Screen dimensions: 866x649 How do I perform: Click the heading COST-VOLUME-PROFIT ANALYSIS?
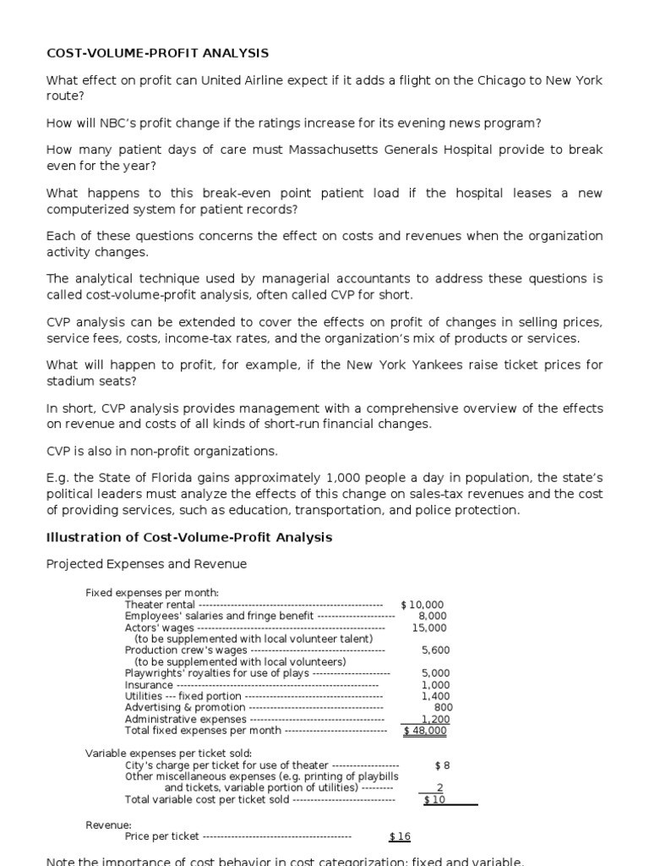point(157,53)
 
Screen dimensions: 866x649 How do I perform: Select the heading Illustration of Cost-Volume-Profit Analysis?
point(189,538)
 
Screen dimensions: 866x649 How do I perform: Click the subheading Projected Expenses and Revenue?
point(146,564)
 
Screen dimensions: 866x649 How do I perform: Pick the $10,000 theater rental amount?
point(422,605)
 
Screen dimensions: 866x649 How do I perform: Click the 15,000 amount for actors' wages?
point(429,628)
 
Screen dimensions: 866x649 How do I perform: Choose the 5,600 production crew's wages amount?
point(435,650)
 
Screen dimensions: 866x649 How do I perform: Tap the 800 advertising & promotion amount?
point(443,707)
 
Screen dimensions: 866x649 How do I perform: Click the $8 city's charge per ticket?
point(442,765)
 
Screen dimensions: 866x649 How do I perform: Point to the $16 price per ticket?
point(400,836)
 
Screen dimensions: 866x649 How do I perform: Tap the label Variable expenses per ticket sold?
point(169,753)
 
